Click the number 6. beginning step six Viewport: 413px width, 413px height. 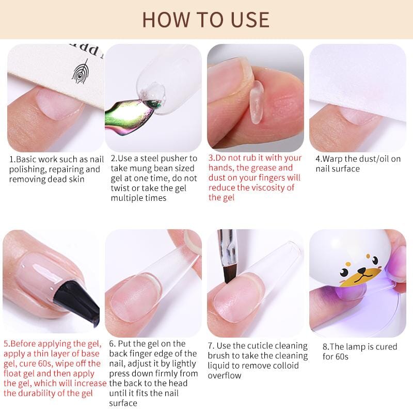[x=113, y=344]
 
